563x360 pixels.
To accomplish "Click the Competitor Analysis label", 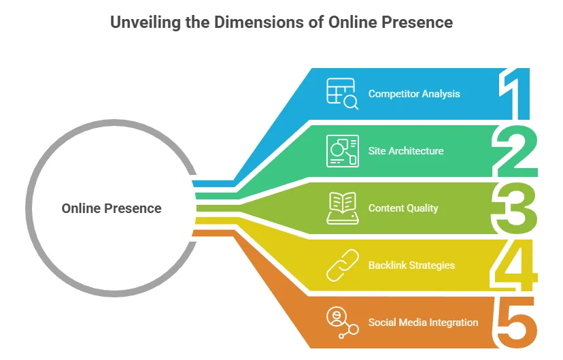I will pyautogui.click(x=414, y=94).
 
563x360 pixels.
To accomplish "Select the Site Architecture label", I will pyautogui.click(x=406, y=151).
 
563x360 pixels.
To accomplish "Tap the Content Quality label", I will pyautogui.click(x=403, y=208).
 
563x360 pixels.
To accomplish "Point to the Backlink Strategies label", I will pyautogui.click(x=411, y=265).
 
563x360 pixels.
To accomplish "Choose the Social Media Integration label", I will pyautogui.click(x=423, y=323).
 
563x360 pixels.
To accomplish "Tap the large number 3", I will pyautogui.click(x=514, y=208).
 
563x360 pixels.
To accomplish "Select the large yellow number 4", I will pyautogui.click(x=515, y=265).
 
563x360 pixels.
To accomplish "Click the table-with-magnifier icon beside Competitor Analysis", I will pyautogui.click(x=342, y=94).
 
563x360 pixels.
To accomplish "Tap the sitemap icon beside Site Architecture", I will pyautogui.click(x=342, y=151).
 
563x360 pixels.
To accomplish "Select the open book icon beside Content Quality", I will pyautogui.click(x=342, y=208).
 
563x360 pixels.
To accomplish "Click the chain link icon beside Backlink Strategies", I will pyautogui.click(x=342, y=265).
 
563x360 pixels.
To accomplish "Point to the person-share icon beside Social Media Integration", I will pyautogui.click(x=342, y=323).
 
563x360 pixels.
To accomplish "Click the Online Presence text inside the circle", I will pyautogui.click(x=112, y=209).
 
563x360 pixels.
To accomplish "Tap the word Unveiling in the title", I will pyautogui.click(x=146, y=22).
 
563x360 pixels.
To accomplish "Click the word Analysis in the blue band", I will pyautogui.click(x=441, y=94).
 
